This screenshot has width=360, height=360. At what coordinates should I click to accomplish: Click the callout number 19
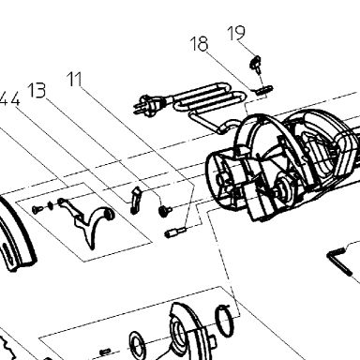coord(236,33)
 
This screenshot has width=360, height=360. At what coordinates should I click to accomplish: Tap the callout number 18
coord(199,44)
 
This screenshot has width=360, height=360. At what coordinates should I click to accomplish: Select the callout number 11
coord(75,79)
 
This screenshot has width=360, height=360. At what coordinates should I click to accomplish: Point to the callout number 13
coord(37,90)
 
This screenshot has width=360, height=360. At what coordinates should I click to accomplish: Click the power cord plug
coord(148,104)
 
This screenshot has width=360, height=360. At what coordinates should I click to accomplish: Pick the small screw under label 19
coord(255,64)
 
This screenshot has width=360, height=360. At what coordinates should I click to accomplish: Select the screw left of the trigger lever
coord(37,209)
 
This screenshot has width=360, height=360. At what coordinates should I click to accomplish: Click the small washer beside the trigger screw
coord(50,205)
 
